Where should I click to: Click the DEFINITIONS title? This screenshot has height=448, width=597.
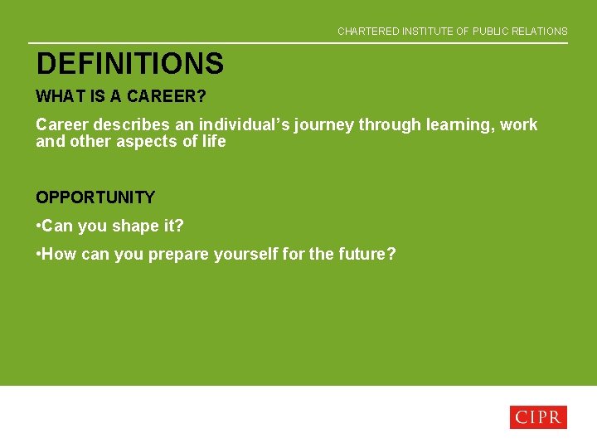pyautogui.click(x=129, y=64)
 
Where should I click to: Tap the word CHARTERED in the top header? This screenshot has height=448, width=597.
pyautogui.click(x=368, y=32)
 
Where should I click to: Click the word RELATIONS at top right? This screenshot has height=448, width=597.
pyautogui.click(x=539, y=32)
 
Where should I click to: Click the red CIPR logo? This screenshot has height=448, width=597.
pyautogui.click(x=537, y=417)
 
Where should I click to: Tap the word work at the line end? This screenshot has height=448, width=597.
pyautogui.click(x=518, y=125)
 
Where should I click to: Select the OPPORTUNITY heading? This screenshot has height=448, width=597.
pyautogui.click(x=95, y=197)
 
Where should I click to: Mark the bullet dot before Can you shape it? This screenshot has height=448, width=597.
pyautogui.click(x=38, y=226)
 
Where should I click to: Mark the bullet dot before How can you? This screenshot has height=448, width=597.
pyautogui.click(x=38, y=254)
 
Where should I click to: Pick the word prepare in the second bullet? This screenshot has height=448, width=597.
pyautogui.click(x=178, y=254)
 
